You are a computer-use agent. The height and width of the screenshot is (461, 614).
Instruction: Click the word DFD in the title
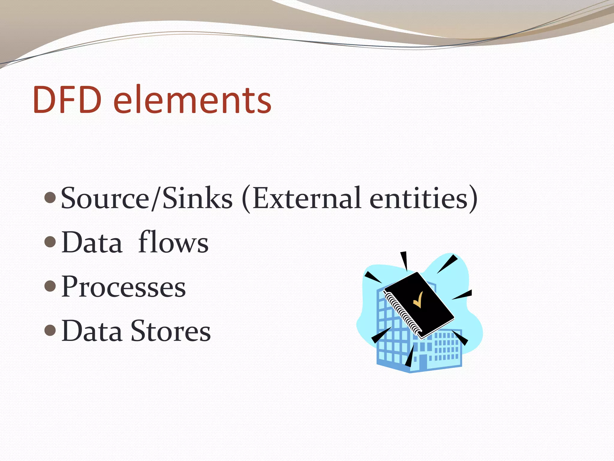tap(67, 100)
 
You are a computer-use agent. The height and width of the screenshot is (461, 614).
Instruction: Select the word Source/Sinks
tap(147, 198)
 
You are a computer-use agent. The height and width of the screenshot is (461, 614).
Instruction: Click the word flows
tap(173, 243)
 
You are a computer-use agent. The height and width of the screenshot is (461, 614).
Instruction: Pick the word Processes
tap(124, 287)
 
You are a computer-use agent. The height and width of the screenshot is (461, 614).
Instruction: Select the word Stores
tap(171, 331)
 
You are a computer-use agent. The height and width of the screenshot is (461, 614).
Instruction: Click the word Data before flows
tap(92, 243)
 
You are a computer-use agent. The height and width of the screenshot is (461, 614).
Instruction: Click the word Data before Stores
tap(92, 331)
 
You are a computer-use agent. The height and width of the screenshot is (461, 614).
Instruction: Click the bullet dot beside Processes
tap(50, 286)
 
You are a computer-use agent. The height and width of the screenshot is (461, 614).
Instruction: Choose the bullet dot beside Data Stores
tap(50, 330)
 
